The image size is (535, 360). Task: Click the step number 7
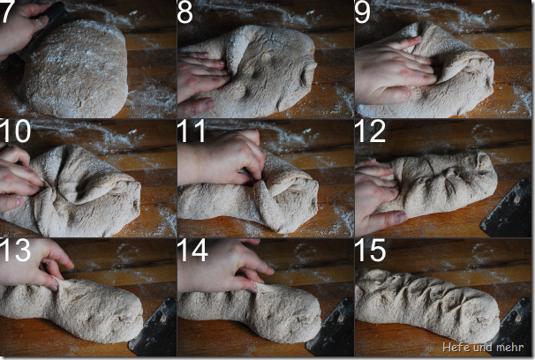(6, 12)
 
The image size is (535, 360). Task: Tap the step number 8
(185, 12)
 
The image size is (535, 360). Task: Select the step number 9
(362, 12)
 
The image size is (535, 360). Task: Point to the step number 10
(15, 131)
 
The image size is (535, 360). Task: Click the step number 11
(192, 131)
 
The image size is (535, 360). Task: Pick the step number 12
(370, 131)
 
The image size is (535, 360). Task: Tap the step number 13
(15, 250)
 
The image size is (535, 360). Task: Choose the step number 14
(192, 250)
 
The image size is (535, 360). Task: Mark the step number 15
(371, 250)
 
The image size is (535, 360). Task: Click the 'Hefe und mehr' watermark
(483, 347)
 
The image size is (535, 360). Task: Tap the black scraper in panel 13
(153, 326)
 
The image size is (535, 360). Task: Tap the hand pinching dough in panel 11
(222, 157)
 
